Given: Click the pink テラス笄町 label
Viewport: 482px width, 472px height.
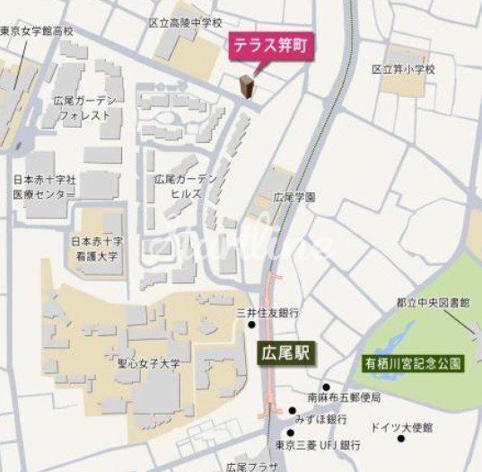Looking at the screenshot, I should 269,48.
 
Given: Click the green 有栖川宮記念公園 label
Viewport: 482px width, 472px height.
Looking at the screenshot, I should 413,364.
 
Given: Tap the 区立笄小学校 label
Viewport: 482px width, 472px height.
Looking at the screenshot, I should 402,68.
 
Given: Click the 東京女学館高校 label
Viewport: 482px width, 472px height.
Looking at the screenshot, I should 38,31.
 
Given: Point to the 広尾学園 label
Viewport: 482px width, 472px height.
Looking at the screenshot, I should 294,197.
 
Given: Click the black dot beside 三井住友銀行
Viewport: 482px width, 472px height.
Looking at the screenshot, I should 253,324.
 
